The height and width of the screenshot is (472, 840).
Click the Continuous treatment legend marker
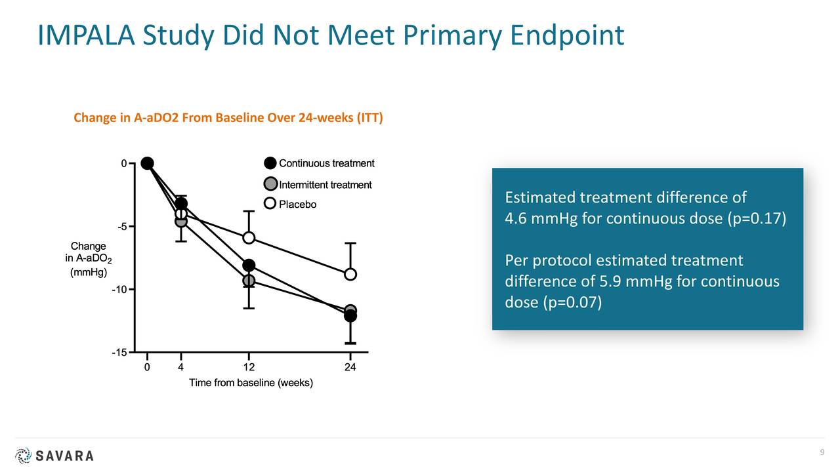pos(270,164)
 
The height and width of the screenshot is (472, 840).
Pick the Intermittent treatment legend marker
pos(270,185)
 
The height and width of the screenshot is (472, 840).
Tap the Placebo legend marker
pos(270,204)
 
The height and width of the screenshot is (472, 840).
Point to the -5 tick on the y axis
pos(123,227)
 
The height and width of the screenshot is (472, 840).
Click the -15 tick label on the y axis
pos(119,353)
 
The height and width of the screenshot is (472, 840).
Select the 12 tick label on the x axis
pos(249,367)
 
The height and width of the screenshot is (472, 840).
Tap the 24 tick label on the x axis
pos(350,367)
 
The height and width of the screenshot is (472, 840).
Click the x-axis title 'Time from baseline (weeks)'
pos(251,383)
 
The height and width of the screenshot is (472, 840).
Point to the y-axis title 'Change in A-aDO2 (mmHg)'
pos(88,260)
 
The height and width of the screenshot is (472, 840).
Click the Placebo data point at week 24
pos(350,274)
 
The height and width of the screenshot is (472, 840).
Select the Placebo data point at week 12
pos(249,237)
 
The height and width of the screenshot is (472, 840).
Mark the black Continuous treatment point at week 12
pos(249,265)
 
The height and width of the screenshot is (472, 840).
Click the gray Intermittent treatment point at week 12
pos(249,281)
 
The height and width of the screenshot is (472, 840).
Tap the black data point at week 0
pos(147,163)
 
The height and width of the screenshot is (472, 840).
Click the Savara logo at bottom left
pos(54,456)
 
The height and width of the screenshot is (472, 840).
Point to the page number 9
pos(822,454)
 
